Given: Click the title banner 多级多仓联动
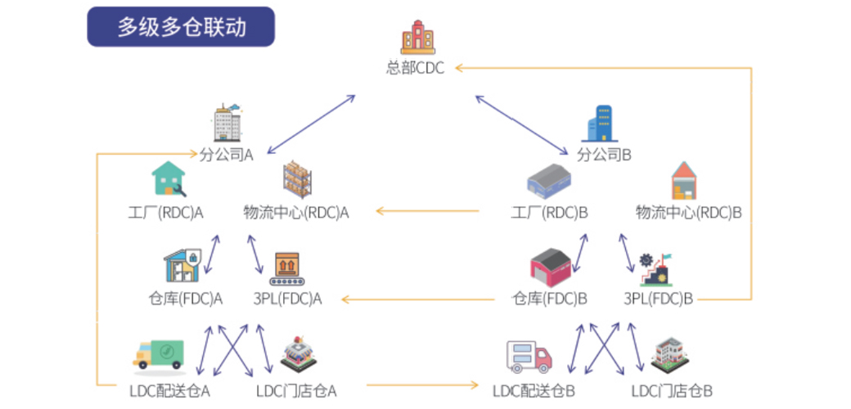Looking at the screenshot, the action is pyautogui.click(x=181, y=26).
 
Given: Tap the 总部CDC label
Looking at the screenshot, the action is pyautogui.click(x=415, y=69).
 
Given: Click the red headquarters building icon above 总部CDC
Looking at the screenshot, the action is pyautogui.click(x=418, y=38).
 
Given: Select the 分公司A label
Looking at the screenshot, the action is pyautogui.click(x=227, y=155).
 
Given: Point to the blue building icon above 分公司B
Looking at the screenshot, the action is pyautogui.click(x=600, y=124).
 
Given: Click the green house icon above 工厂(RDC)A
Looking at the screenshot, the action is pyautogui.click(x=169, y=178).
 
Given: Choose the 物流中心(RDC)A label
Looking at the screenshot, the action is pyautogui.click(x=295, y=213).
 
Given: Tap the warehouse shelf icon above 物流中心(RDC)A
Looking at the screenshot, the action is pyautogui.click(x=297, y=179).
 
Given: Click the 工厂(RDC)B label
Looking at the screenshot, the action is pyautogui.click(x=549, y=213).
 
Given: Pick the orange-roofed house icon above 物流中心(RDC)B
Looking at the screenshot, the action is pyautogui.click(x=684, y=181).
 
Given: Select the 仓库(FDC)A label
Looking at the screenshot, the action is pyautogui.click(x=185, y=299).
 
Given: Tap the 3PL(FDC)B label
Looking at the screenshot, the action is pyautogui.click(x=659, y=299).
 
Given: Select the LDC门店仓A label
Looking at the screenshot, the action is pyautogui.click(x=296, y=390).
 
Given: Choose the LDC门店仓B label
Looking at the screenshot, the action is pyautogui.click(x=672, y=390).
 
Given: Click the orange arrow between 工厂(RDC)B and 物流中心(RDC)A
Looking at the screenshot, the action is pyautogui.click(x=428, y=211).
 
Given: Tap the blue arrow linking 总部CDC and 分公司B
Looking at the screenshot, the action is pyautogui.click(x=522, y=126).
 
